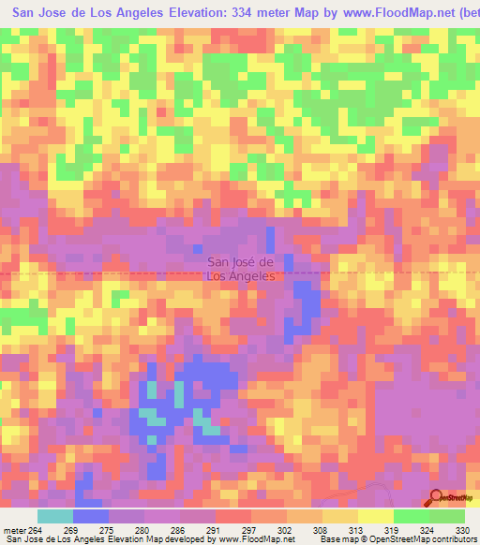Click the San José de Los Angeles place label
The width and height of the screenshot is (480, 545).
(240, 269)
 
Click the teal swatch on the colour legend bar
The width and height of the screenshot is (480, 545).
(55, 516)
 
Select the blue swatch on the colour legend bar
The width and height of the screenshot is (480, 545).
(91, 516)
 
